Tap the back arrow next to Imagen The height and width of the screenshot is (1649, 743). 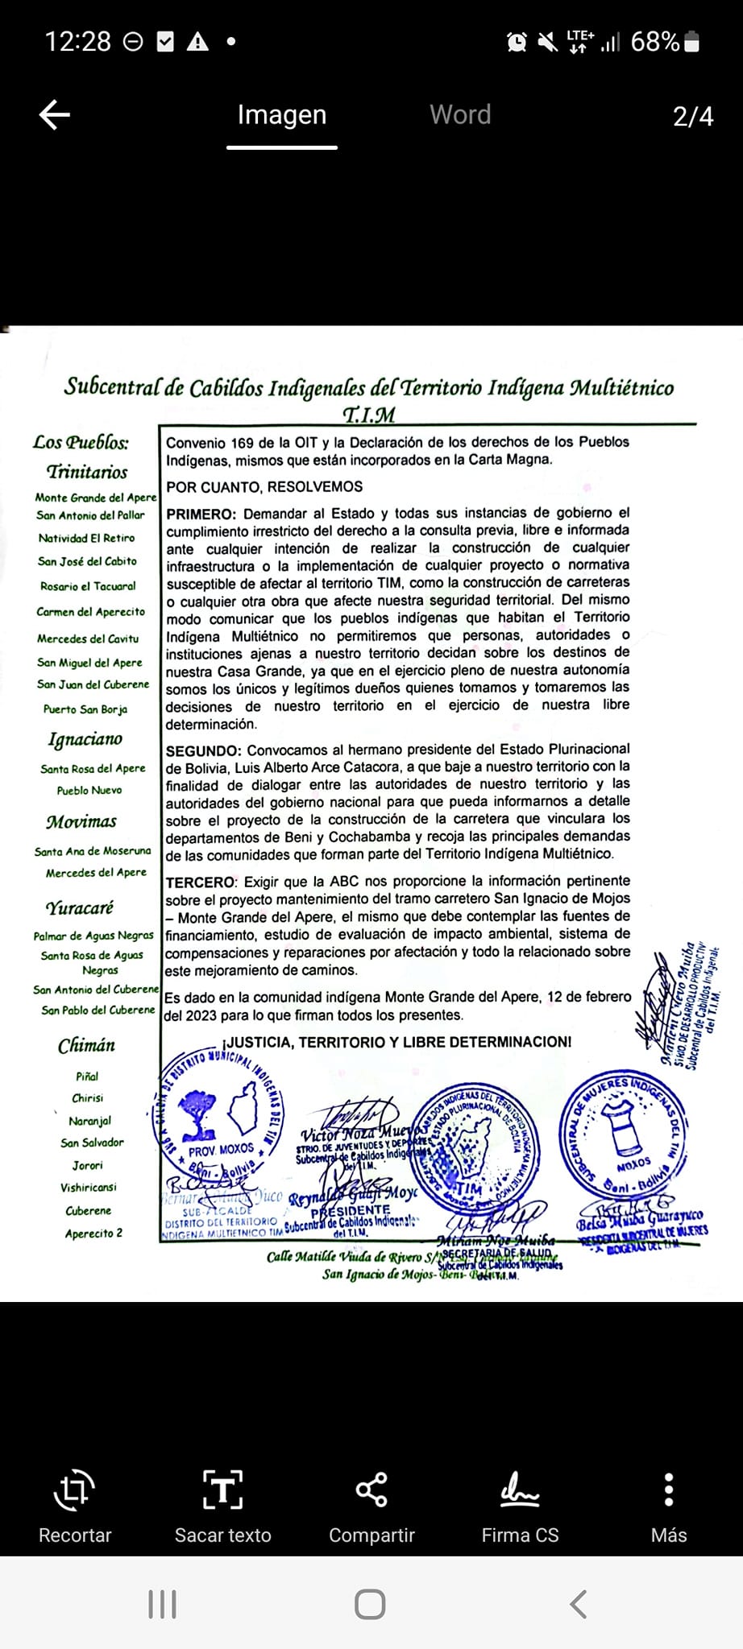tap(55, 115)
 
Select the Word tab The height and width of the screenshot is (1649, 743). tap(460, 115)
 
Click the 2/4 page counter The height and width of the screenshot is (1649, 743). tap(693, 117)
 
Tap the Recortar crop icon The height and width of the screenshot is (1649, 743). tap(74, 1490)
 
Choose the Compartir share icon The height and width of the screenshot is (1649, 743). tap(371, 1490)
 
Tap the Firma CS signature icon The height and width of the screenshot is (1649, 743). tap(520, 1490)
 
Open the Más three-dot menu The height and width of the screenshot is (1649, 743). tap(668, 1490)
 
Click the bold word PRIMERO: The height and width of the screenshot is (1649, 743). tap(201, 513)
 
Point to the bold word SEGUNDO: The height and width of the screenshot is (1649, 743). tap(203, 750)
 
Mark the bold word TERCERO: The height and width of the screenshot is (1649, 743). tap(201, 882)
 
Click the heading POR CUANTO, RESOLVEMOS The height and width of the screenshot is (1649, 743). tap(264, 487)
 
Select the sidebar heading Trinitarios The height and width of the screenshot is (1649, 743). tap(87, 472)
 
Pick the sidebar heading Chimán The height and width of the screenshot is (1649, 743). tap(86, 1046)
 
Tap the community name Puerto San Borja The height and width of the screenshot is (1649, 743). tap(85, 709)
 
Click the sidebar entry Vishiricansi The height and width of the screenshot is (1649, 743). tap(88, 1188)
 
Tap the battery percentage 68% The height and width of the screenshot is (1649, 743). tap(654, 42)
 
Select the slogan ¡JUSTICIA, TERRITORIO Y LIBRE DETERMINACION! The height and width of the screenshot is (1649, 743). tap(396, 1042)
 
